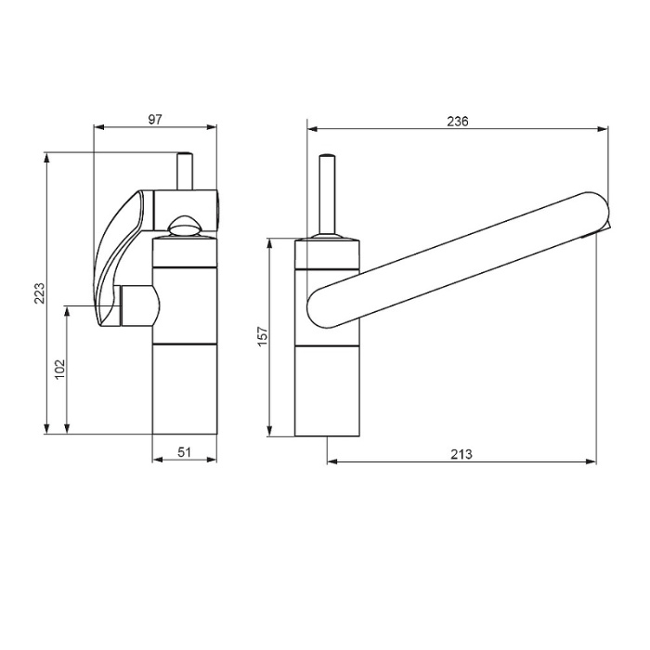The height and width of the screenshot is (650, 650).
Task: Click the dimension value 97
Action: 155,120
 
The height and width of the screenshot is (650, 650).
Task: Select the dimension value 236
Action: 457,121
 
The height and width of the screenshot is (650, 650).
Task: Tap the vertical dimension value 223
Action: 40,293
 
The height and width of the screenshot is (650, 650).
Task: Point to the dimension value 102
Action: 60,369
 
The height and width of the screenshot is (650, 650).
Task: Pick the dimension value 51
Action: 185,452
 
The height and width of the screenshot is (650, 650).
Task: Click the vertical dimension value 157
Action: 263,336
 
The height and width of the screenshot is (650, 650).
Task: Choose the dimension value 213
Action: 461,454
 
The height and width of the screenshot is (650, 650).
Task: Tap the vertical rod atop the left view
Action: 185,171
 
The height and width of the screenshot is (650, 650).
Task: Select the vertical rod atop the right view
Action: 327,195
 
